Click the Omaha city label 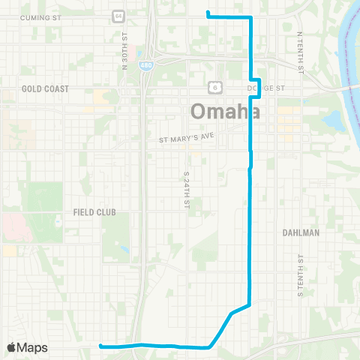226,111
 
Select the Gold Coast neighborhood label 45,88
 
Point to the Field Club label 94,212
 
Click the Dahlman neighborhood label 301,232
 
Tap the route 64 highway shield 118,16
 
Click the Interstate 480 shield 149,66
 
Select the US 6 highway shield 214,86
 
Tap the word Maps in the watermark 34,347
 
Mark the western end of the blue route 100,346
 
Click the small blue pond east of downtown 331,121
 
